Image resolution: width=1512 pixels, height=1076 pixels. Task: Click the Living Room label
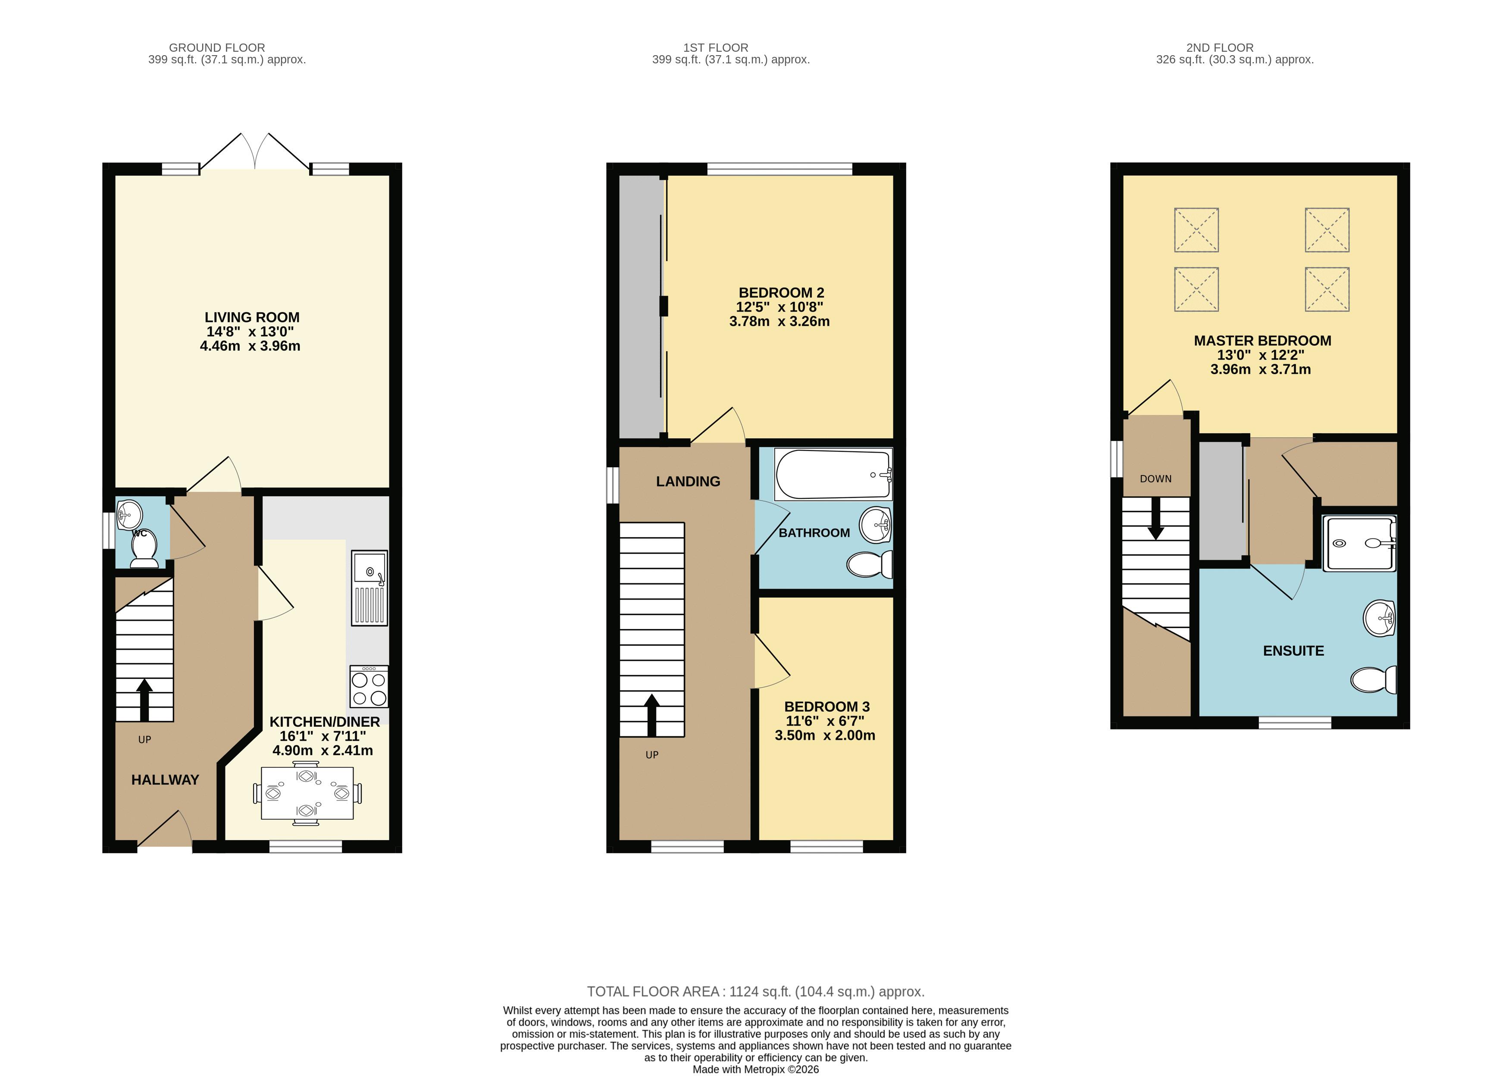(x=252, y=317)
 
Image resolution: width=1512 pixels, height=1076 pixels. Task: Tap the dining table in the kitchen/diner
(x=307, y=793)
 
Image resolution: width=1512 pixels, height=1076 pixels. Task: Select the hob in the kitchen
(x=369, y=687)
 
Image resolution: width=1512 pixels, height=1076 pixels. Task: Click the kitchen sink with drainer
(x=370, y=588)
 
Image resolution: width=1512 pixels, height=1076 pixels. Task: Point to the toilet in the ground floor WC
(x=144, y=549)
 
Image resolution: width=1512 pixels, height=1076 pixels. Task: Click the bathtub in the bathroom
(x=833, y=474)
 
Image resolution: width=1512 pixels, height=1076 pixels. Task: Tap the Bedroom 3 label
(x=827, y=707)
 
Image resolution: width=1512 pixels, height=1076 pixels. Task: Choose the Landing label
(x=688, y=482)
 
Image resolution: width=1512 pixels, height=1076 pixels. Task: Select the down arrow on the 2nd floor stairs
(x=1155, y=518)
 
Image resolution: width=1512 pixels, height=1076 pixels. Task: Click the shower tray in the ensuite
(x=1360, y=543)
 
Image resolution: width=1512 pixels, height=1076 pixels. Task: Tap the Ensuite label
(x=1293, y=651)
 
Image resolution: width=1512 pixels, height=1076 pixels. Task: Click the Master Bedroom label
(x=1262, y=341)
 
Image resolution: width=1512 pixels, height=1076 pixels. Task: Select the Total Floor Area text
(x=755, y=992)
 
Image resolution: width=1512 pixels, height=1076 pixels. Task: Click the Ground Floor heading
(x=217, y=48)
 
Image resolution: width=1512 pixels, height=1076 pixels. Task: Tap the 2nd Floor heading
(x=1220, y=48)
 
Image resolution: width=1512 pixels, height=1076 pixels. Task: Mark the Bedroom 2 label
(x=781, y=293)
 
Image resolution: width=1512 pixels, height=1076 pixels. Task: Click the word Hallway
(x=165, y=780)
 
